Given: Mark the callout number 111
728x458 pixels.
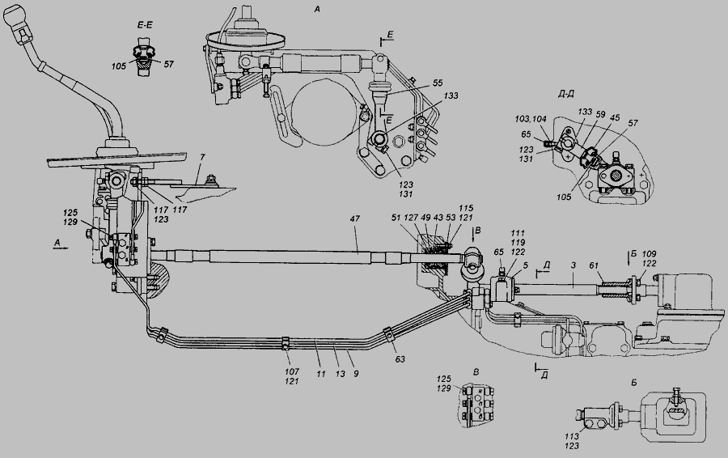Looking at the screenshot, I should pos(518,233).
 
